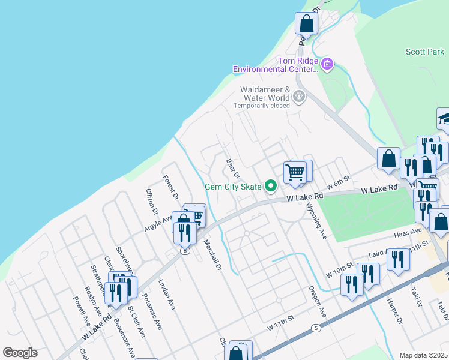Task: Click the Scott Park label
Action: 424,52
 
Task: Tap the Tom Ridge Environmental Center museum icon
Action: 327,63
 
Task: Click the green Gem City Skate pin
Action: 271,187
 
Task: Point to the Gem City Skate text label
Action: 233,187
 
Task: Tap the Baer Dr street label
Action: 232,169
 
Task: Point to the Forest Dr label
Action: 171,187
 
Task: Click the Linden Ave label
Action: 167,294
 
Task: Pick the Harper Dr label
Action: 394,311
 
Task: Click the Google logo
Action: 20,353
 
